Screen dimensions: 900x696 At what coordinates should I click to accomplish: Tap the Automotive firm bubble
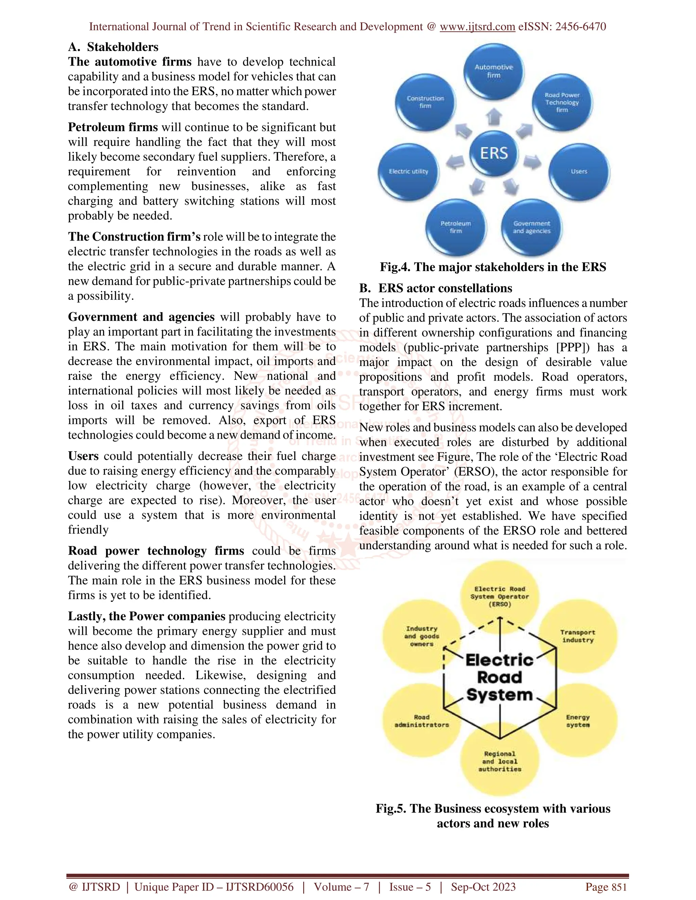click(493, 71)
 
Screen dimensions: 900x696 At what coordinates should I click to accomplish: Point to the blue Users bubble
click(578, 171)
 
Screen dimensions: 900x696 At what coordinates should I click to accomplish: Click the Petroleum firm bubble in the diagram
click(456, 227)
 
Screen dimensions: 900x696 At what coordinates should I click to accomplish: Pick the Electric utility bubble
click(408, 171)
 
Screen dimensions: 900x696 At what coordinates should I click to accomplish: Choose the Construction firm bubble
click(425, 102)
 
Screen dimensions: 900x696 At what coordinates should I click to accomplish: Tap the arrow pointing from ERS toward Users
click(532, 162)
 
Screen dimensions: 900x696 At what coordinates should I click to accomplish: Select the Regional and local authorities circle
click(499, 761)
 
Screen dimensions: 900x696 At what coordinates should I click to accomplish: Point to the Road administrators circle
click(421, 721)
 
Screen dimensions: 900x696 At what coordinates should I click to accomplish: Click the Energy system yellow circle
click(577, 721)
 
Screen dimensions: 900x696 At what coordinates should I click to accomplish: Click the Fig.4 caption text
click(493, 267)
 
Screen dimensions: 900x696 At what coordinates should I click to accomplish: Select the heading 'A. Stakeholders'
click(114, 47)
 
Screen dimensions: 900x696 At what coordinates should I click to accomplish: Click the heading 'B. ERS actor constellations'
click(436, 288)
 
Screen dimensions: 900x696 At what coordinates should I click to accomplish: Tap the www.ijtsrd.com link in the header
click(477, 27)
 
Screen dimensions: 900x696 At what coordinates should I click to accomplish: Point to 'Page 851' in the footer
click(606, 887)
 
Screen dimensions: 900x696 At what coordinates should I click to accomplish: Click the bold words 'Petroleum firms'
click(113, 127)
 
